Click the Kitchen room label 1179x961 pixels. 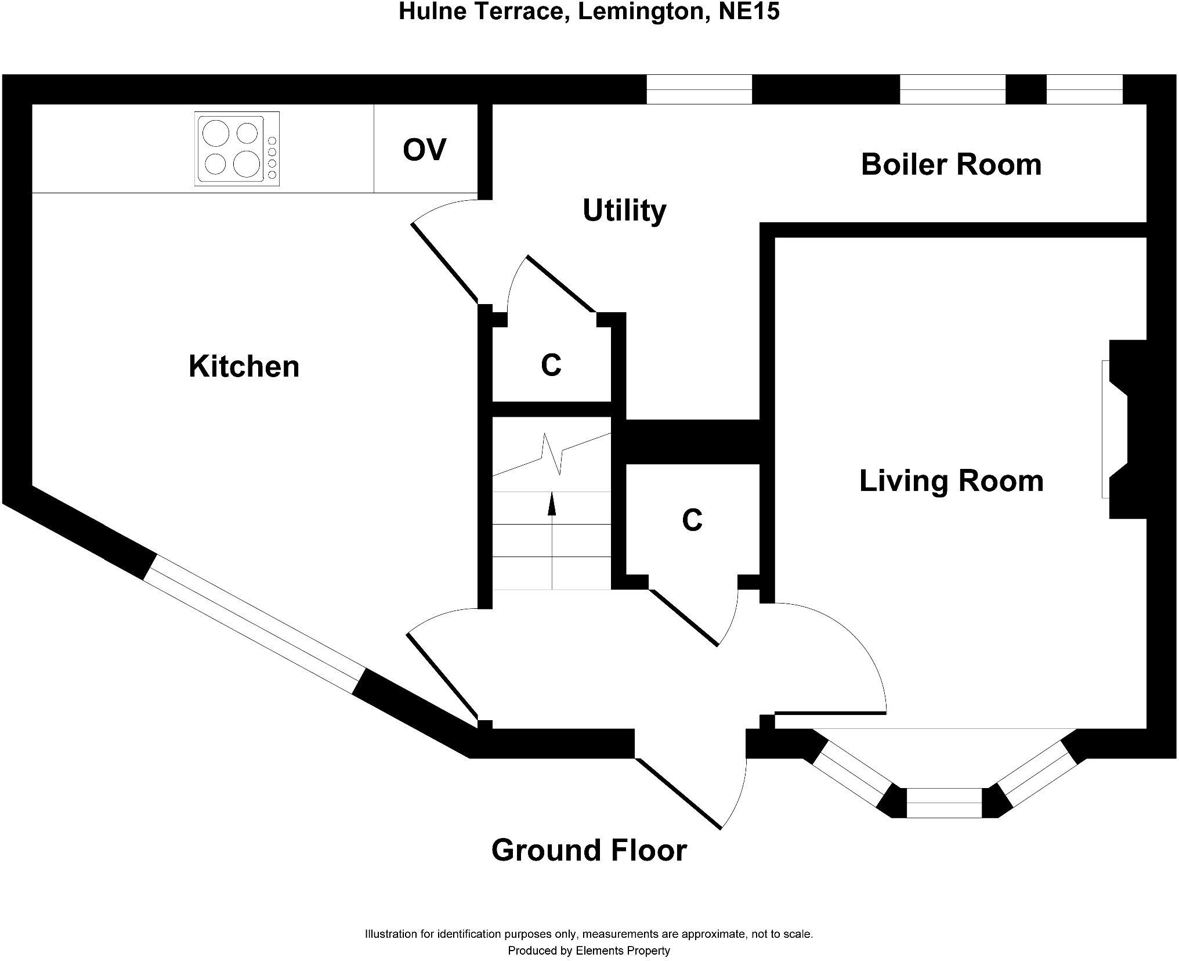coord(244,367)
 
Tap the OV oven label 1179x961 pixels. coord(424,150)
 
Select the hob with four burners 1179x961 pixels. coord(237,149)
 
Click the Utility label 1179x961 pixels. coord(624,210)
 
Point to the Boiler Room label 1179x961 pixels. coord(951,164)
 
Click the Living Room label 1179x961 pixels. coord(951,481)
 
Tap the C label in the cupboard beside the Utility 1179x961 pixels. coord(551,365)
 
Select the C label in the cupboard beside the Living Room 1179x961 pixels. coord(692,520)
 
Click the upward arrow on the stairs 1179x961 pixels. coord(552,503)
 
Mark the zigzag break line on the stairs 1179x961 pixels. coord(551,453)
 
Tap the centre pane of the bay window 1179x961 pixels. coord(943,803)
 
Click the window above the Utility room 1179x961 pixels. coord(699,89)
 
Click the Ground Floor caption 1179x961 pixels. coord(589,850)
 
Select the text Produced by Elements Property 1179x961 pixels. coord(589,951)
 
